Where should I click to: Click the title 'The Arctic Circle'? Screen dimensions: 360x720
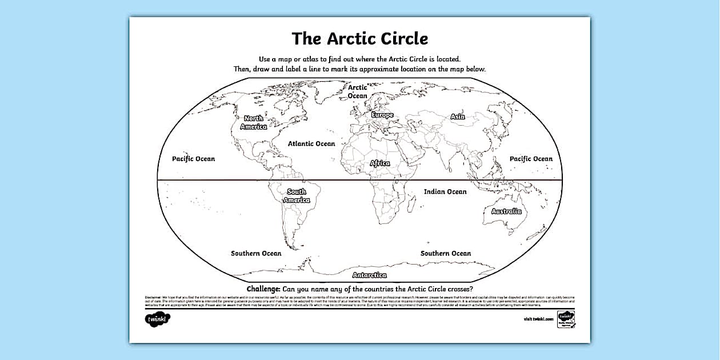pos(359,38)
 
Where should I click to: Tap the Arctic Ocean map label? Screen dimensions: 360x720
pos(358,91)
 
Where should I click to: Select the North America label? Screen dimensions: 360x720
pos(253,122)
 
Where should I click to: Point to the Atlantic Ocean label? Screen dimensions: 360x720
pos(311,143)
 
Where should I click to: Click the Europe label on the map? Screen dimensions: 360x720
pos(382,115)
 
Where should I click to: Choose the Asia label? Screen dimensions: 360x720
pos(457,117)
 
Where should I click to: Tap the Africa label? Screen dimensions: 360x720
pos(380,163)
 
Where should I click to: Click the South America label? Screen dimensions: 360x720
pos(297,195)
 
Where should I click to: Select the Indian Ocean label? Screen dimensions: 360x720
pos(445,191)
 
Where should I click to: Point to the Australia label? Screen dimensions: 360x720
pos(506,211)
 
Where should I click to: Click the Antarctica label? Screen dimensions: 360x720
pos(369,275)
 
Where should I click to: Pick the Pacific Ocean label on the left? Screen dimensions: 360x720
pos(194,158)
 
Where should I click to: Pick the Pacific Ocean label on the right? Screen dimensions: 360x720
pos(531,158)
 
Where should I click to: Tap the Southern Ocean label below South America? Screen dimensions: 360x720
pos(256,253)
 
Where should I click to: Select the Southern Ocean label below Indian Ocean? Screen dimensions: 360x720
pos(446,253)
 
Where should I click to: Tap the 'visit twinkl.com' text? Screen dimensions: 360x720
pos(538,319)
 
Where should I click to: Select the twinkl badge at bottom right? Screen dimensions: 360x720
pos(566,319)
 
